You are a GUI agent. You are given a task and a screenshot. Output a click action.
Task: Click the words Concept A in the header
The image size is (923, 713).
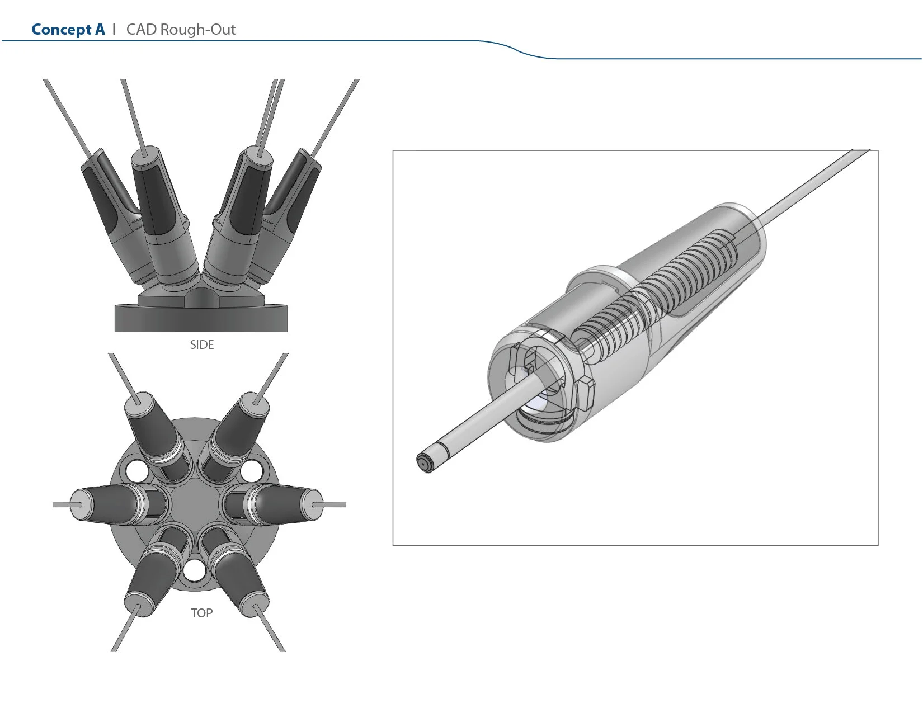tap(68, 30)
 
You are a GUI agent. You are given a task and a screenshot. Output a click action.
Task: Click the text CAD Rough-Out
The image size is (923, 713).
tap(181, 30)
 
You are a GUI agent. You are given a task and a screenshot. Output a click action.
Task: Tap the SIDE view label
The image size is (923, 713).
tap(201, 345)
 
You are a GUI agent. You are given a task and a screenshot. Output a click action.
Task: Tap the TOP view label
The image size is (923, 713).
tap(201, 613)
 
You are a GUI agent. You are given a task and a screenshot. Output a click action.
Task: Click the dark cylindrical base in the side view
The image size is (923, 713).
tap(201, 319)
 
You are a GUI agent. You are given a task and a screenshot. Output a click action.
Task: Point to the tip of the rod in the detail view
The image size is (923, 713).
tap(425, 463)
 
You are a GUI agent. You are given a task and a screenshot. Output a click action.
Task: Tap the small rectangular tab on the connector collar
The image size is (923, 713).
tap(586, 391)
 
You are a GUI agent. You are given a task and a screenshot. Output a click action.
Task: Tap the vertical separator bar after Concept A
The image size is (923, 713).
tap(114, 30)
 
